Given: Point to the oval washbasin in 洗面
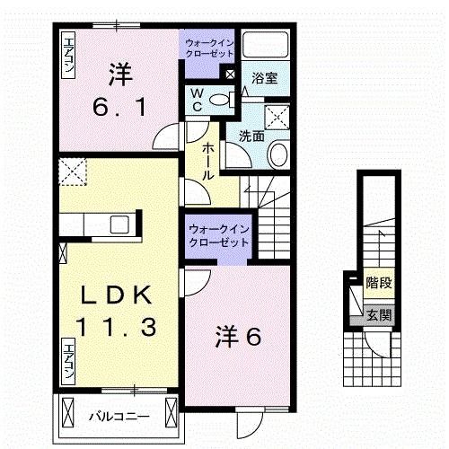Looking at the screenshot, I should (277, 154).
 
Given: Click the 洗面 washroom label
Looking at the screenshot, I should (251, 137).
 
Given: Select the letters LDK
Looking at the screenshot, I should (111, 294).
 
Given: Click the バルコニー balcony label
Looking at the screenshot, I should (118, 416).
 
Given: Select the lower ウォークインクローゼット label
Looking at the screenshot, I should (218, 235).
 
